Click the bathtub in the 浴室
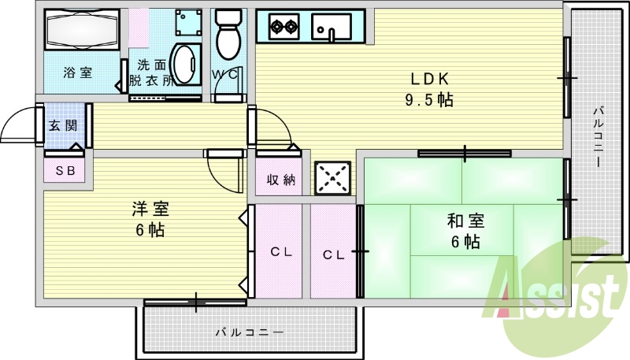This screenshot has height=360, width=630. coord(82,30)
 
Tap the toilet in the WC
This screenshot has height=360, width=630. coord(228,35)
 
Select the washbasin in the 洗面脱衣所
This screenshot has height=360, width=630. coord(186,65)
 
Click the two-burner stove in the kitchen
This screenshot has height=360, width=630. coord(283,27)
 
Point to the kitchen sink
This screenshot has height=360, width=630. coord(332,28)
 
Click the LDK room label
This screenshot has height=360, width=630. coord(429,79)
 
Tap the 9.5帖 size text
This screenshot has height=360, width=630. coord(429,99)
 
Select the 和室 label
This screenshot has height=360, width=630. coord(465,221)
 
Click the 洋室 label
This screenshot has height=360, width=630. coord(150,209)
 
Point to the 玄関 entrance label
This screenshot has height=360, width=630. coord(63,126)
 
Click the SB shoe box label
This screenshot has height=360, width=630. coord(65,171)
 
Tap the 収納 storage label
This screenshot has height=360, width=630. coord(281,180)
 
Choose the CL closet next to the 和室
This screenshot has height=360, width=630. coord(334,254)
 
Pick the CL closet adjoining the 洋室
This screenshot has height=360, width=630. coord(281,252)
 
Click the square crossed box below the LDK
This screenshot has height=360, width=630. coord(332,177)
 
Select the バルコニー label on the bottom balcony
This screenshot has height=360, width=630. coord(250,332)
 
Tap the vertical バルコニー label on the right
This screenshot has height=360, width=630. coord(599,136)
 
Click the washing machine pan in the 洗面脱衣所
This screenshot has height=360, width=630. coord(188,22)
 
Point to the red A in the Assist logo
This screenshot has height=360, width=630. coord(506,286)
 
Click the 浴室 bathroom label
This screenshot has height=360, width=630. coord(78,72)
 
